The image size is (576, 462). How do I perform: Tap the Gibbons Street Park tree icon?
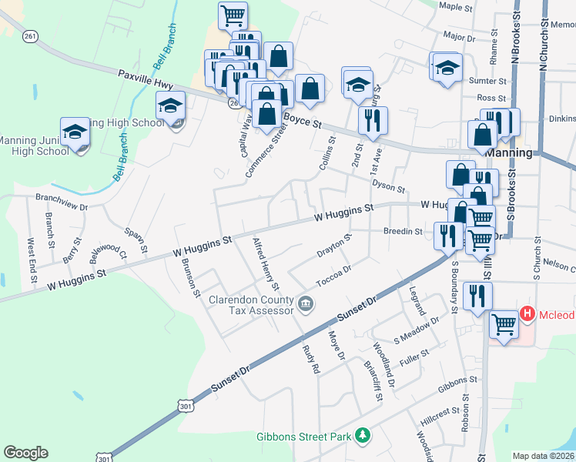coord(363,437)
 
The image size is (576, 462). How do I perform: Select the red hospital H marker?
coord(527,313)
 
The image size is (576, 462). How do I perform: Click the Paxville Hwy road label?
coord(145,79)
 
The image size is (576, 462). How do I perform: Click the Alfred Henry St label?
coord(265,263)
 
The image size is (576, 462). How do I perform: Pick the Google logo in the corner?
coord(25,453)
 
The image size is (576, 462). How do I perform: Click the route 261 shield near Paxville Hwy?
coord(30,36)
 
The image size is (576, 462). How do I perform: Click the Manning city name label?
coord(510,152)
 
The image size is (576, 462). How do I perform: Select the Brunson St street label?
coord(188,272)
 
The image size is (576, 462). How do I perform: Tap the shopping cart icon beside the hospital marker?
coord(504,323)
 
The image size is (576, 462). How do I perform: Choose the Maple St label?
coord(455,7)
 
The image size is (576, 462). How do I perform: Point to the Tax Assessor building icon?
coord(306,304)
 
